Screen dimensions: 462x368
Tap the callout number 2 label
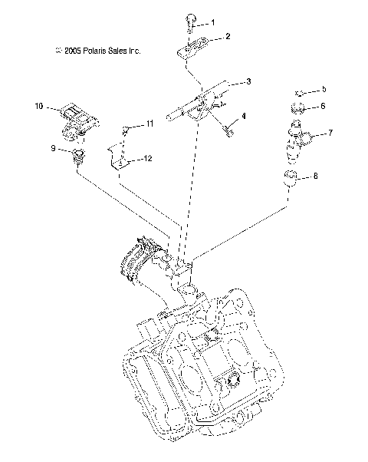point(227,36)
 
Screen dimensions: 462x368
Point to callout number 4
point(243,116)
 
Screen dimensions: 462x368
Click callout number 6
point(323,106)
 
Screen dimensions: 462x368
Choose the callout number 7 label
point(330,133)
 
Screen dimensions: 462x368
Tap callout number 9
point(54,149)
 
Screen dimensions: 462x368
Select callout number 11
point(149,123)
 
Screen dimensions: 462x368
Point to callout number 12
point(147,158)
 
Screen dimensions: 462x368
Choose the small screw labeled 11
point(127,130)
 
